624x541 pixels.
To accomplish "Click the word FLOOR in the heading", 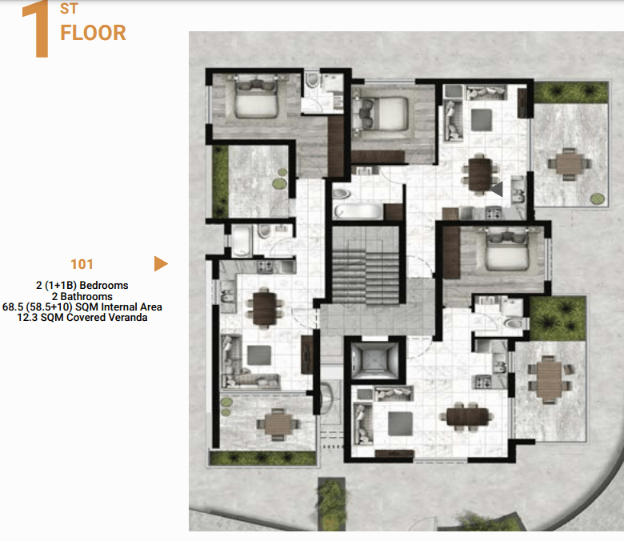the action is tap(93, 33).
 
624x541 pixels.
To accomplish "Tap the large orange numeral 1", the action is tap(37, 29).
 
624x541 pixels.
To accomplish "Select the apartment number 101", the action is tap(82, 264).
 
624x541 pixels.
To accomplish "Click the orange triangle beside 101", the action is tap(161, 263).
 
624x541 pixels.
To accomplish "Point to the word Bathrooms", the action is tap(86, 297).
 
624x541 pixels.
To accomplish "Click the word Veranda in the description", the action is tap(126, 317).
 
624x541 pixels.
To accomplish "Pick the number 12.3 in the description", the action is tap(27, 317).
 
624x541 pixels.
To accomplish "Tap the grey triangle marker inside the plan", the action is tap(497, 189).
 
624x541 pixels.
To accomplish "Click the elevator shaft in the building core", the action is tap(375, 360).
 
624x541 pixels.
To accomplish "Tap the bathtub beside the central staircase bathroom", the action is tap(358, 211).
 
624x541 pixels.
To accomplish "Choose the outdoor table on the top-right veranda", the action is tap(569, 163).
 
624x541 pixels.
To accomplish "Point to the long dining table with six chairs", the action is tap(467, 417).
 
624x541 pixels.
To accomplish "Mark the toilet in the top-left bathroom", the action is tap(313, 80).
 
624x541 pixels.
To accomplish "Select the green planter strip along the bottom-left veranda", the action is tap(262, 459).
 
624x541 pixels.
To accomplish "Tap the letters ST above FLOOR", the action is tap(70, 8).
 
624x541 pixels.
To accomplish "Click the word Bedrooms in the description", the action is tap(104, 286).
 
